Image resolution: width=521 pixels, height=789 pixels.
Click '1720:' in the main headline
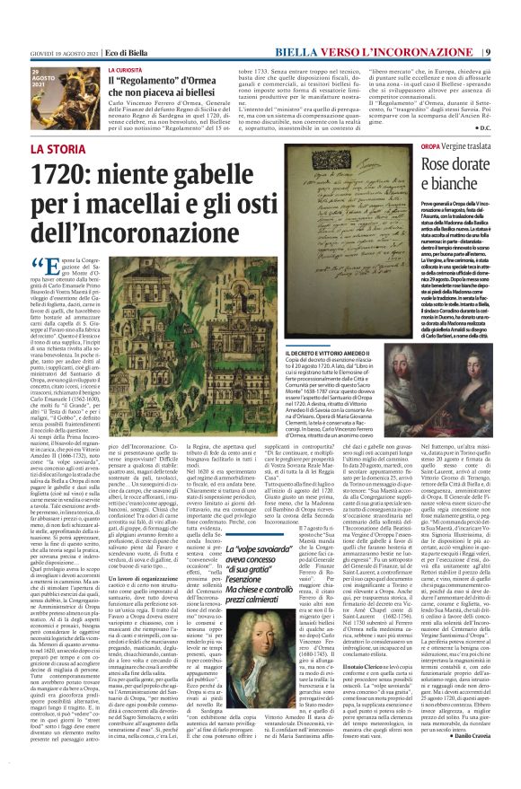[93, 174]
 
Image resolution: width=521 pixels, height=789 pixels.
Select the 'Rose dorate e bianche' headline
[449, 172]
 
